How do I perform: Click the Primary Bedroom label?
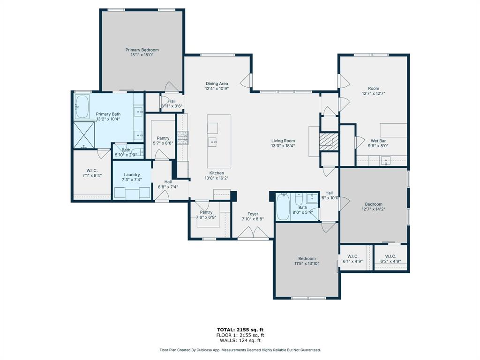tap(142, 50)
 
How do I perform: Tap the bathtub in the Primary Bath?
tap(82, 107)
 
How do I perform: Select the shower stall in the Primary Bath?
tap(84, 135)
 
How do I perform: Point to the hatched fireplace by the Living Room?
tap(328, 142)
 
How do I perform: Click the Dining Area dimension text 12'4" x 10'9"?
tap(217, 89)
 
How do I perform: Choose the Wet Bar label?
tap(378, 140)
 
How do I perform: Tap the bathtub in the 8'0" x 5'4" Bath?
tap(283, 207)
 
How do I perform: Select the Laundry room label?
tap(132, 175)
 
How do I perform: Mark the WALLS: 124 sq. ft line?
tap(240, 341)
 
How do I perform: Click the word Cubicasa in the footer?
tap(212, 350)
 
